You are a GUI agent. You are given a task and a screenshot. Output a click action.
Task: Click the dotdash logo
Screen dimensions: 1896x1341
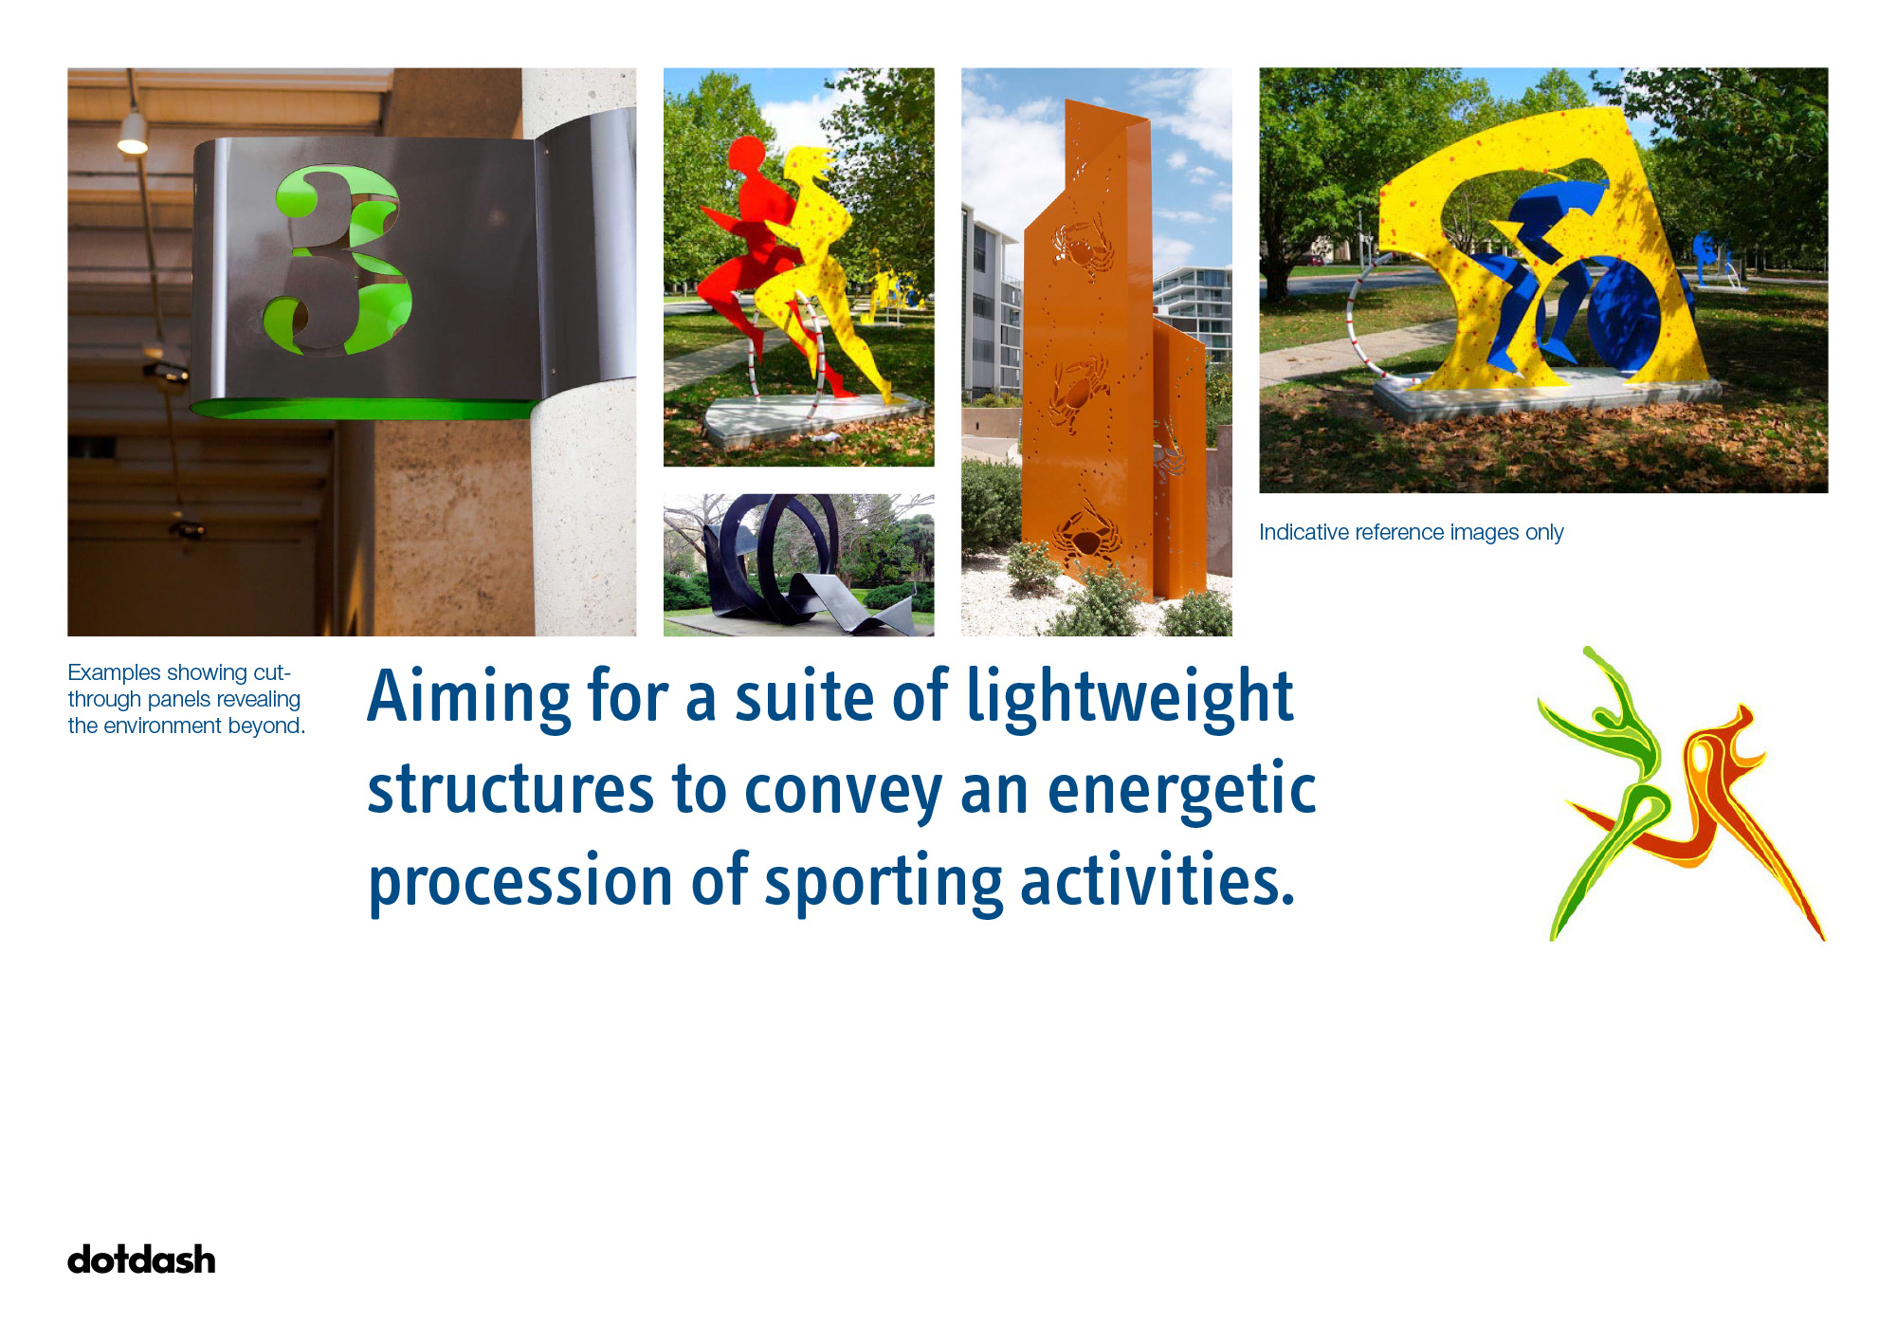(141, 1259)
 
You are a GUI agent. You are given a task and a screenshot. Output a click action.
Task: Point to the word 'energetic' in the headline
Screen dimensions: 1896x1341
(1181, 790)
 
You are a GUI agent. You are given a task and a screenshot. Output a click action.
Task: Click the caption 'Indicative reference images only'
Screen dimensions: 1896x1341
(1411, 532)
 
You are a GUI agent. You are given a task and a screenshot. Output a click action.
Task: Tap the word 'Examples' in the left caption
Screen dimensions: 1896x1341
(114, 673)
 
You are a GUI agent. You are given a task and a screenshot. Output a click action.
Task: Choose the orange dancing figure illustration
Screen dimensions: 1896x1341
(1716, 806)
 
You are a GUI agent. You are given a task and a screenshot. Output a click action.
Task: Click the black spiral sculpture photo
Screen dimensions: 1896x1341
(798, 564)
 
